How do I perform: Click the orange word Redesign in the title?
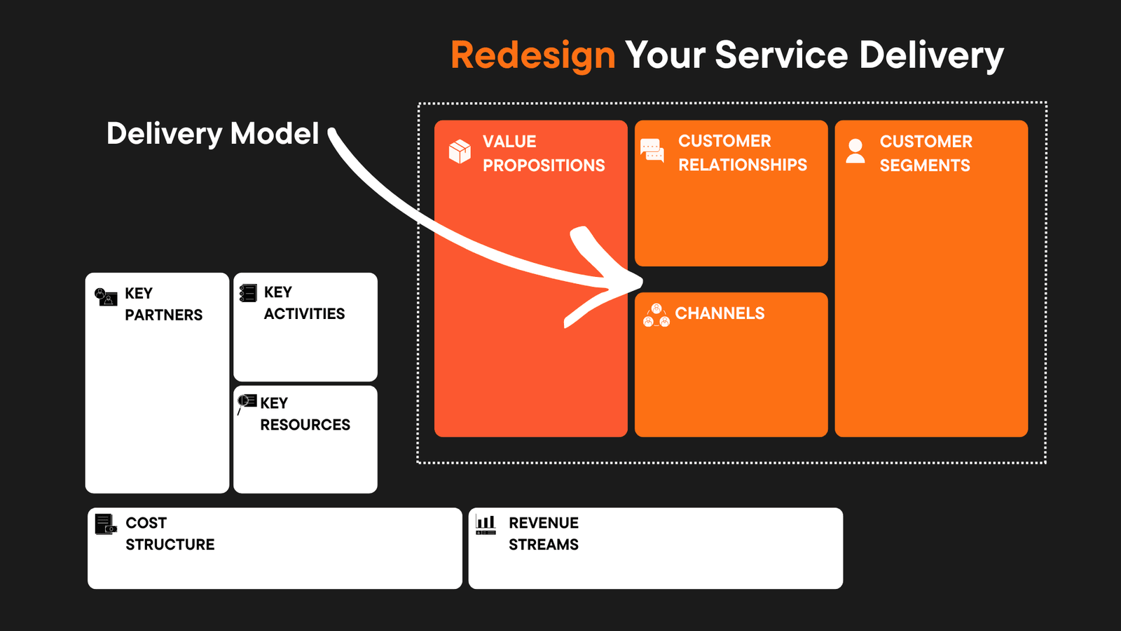pos(532,55)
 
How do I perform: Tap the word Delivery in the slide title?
pos(931,55)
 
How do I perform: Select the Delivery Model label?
pos(212,133)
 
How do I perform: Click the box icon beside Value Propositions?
pos(460,151)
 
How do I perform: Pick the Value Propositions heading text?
pos(543,154)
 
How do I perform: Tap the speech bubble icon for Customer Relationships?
pos(652,150)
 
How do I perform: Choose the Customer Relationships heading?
pos(742,153)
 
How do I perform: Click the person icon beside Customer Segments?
pos(855,151)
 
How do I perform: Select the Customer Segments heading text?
pos(926,154)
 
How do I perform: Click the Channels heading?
pos(720,313)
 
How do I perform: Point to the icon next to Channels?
pos(656,316)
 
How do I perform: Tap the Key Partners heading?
pos(163,304)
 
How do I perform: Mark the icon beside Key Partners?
pos(106,297)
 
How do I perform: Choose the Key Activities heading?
pos(304,303)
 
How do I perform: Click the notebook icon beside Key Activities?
pos(248,293)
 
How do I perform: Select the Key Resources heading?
pos(305,414)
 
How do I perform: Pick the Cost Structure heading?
pos(170,534)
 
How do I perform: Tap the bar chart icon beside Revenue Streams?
pos(486,524)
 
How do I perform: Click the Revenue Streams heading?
pos(543,534)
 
